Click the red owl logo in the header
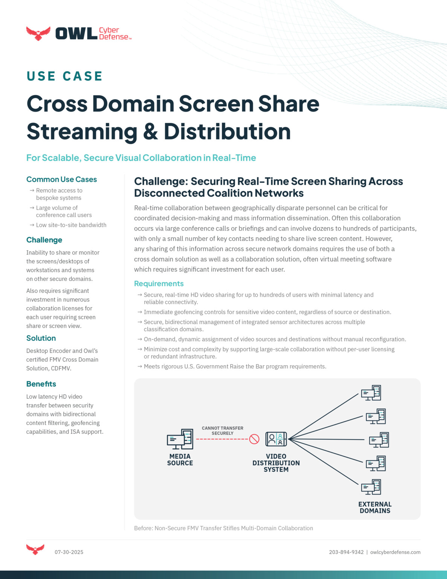point(38,33)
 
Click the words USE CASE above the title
point(64,76)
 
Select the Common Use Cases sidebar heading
point(61,179)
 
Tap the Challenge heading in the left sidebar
point(44,240)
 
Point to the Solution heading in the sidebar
point(41,338)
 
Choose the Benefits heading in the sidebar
point(41,384)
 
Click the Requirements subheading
point(159,283)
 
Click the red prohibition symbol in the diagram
point(255,439)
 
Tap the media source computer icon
point(180,439)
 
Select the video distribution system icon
point(276,439)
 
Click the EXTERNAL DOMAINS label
point(375,507)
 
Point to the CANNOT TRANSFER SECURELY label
point(223,430)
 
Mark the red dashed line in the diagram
point(222,439)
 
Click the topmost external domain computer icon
point(371,393)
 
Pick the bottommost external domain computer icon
point(371,487)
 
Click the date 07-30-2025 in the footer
point(69,552)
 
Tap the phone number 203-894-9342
point(346,552)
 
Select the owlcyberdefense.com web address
point(395,552)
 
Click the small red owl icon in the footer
point(35,549)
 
